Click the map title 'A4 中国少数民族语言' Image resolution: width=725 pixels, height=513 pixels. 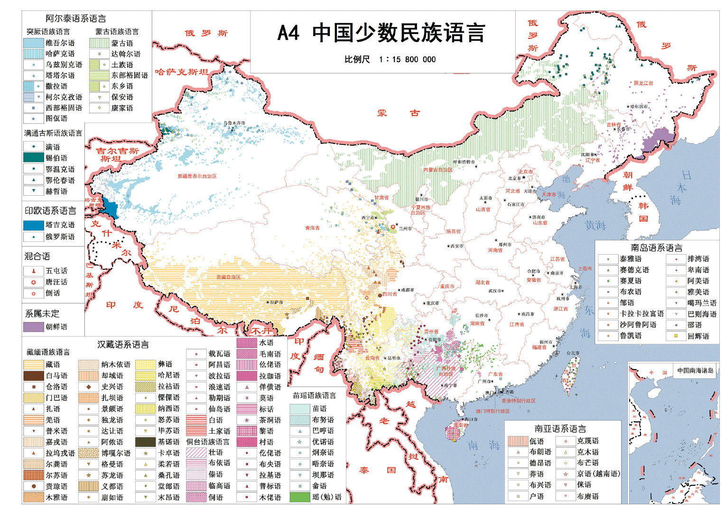(x=381, y=33)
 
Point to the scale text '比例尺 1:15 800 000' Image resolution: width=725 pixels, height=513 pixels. (x=390, y=59)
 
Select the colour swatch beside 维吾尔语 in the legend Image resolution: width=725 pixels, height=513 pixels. (x=33, y=43)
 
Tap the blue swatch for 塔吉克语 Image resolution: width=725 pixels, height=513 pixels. (x=33, y=225)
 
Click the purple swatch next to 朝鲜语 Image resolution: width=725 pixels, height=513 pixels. (x=33, y=327)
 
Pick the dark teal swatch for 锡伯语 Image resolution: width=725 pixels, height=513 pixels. (x=33, y=158)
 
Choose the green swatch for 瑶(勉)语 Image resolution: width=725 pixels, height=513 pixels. (x=299, y=497)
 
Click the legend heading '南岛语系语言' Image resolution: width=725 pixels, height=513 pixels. (x=656, y=247)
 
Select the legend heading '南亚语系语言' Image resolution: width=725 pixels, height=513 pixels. (x=560, y=428)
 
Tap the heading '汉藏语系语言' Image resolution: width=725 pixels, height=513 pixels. (x=123, y=344)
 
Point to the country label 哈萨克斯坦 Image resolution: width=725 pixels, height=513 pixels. (x=181, y=72)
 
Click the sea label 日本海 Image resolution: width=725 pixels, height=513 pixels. (x=680, y=188)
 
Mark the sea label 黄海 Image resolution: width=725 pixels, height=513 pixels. (x=595, y=225)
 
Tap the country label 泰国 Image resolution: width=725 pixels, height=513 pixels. (x=377, y=470)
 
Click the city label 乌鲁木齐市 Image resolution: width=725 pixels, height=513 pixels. (x=234, y=123)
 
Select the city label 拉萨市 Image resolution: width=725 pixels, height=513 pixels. (x=276, y=302)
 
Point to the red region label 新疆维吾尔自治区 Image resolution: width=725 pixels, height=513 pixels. (x=197, y=176)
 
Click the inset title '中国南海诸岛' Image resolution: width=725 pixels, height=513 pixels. (x=695, y=370)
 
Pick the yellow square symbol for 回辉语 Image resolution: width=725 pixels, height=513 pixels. (x=676, y=336)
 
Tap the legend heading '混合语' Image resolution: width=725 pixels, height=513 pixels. (x=37, y=256)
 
